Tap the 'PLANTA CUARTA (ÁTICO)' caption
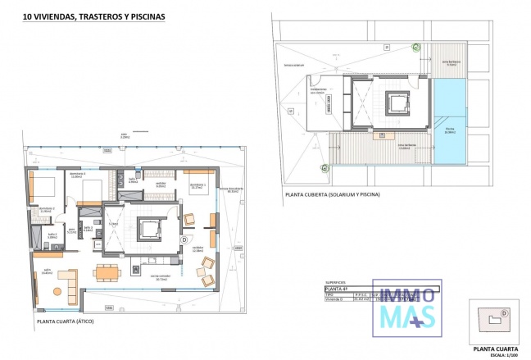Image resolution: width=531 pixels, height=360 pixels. [x=66, y=322]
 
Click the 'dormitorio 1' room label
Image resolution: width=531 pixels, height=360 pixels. [x=197, y=186]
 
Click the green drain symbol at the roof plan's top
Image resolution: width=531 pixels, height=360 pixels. [x=415, y=47]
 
